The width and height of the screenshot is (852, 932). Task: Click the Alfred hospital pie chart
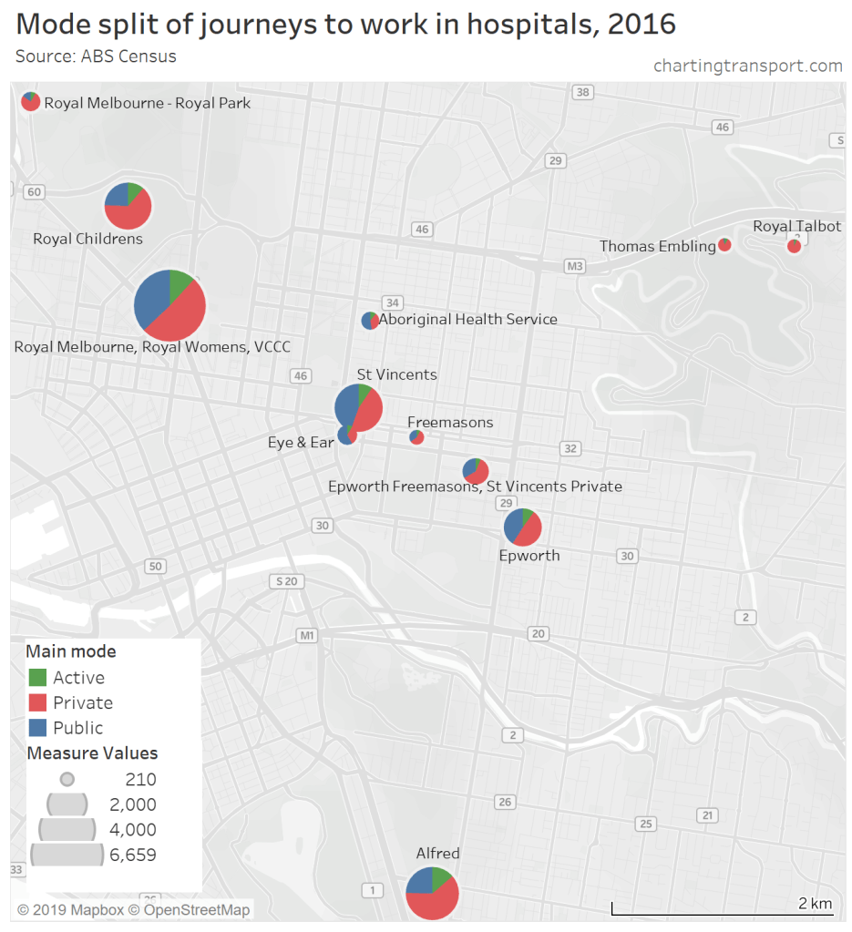click(x=432, y=893)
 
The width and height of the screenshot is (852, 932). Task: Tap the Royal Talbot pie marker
click(x=794, y=245)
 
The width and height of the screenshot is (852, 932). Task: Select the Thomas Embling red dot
click(x=725, y=245)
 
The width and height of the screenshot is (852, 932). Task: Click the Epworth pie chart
click(x=523, y=527)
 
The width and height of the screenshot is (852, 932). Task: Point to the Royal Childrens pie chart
click(x=128, y=206)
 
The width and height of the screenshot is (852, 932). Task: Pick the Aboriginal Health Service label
click(x=468, y=320)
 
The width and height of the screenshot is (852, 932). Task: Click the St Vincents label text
click(x=396, y=374)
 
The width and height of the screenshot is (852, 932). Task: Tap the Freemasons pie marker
click(x=416, y=437)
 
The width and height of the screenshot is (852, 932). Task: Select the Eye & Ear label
click(x=301, y=443)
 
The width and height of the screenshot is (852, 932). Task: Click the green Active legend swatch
click(x=37, y=678)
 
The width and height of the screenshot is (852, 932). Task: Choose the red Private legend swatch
click(x=37, y=702)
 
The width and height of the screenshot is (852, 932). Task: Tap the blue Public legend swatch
click(x=37, y=728)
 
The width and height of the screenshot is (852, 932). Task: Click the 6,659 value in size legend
click(x=133, y=855)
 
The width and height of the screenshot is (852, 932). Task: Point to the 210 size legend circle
click(x=67, y=780)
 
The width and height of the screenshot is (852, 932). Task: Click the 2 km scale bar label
click(x=815, y=903)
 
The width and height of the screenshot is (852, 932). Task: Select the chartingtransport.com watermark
click(x=747, y=66)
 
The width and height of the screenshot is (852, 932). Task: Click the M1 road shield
click(x=306, y=635)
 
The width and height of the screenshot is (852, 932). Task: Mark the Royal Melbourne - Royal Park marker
click(x=31, y=102)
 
